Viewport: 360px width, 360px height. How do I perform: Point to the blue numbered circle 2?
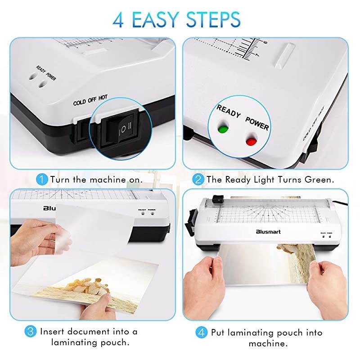tap(198, 180)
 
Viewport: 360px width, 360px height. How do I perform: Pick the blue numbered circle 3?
tap(31, 332)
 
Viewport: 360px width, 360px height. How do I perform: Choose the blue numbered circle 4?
tap(201, 333)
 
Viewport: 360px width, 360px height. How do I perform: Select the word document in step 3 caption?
tap(90, 332)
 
